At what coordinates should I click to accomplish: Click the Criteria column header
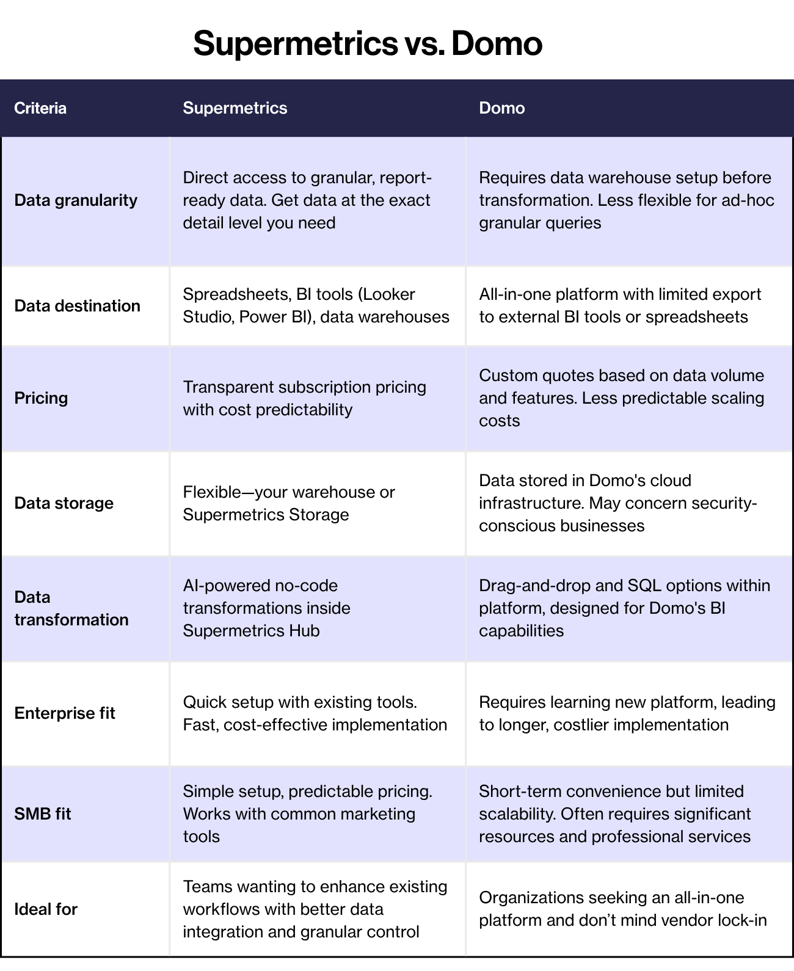40,108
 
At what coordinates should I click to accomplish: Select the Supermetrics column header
235,108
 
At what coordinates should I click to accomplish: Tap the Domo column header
501,108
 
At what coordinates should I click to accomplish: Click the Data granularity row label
76,200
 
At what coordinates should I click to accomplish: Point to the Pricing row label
41,398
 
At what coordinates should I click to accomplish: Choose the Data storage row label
64,503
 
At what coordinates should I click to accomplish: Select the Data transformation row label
71,608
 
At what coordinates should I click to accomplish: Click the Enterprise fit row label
65,713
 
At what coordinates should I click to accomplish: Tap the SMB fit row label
43,814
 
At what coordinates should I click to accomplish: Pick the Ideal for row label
46,909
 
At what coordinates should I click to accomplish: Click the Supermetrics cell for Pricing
304,398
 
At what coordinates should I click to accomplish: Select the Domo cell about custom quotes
621,398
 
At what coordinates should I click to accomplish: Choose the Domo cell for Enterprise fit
627,713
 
